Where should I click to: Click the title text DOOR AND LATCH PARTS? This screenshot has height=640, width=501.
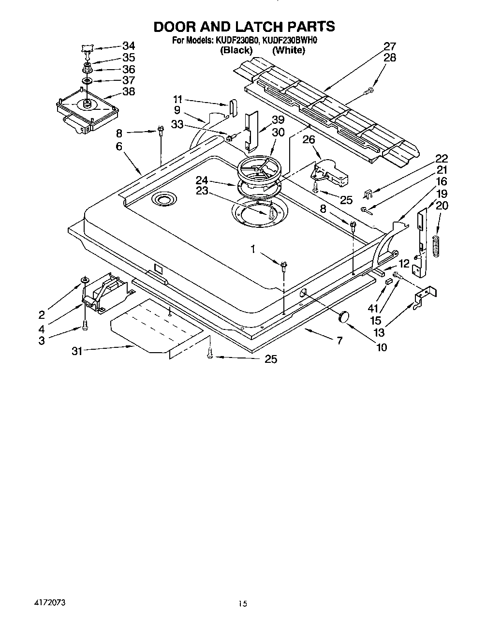pos(244,26)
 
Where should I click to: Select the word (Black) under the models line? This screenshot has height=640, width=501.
pos(236,50)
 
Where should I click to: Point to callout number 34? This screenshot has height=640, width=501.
pos(128,46)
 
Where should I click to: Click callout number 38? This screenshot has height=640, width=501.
pos(128,91)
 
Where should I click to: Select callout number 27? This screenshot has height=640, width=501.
pos(390,47)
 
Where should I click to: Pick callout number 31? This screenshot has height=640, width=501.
pos(77,352)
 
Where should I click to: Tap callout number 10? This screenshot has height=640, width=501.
pos(381,347)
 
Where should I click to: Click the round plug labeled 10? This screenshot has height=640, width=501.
pos(344,316)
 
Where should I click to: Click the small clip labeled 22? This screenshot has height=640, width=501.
pos(368,195)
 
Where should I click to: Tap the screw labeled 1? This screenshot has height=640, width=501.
pos(284,264)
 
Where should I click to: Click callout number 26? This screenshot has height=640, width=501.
pos(309,140)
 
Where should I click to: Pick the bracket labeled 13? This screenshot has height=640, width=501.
pos(425,296)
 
